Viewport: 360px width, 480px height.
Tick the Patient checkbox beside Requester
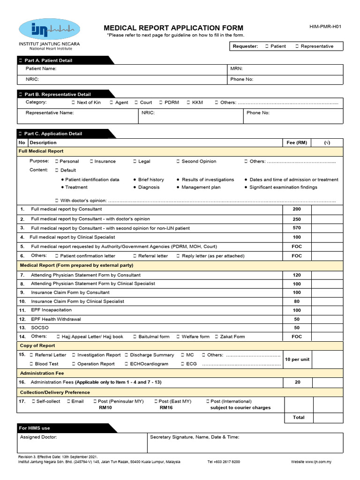267,46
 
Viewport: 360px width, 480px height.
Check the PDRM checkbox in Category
160,103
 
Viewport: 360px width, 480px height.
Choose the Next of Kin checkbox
73,103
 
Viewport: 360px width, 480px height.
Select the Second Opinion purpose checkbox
178,161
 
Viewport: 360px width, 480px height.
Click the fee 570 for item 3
297,228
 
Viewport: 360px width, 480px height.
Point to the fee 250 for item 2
297,219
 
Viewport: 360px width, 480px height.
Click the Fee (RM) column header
297,142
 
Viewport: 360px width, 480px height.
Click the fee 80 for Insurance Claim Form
297,301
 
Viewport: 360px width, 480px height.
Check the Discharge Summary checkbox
127,355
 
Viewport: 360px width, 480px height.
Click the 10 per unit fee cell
297,360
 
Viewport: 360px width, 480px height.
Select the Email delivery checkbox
68,402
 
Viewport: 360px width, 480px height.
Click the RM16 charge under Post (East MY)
166,408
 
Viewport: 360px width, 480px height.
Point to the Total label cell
298,417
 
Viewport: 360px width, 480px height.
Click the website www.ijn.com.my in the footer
311,462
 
